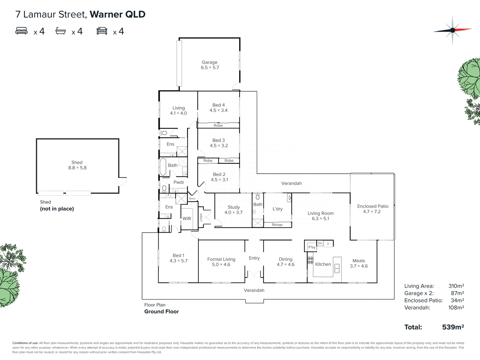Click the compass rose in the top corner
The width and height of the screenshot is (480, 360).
click(452, 30)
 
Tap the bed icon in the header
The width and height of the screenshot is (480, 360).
click(22, 31)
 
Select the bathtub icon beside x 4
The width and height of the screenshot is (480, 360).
click(60, 31)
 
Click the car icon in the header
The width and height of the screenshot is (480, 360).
click(102, 31)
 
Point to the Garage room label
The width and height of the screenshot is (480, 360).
click(209, 62)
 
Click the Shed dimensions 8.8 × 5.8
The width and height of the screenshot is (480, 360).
click(77, 168)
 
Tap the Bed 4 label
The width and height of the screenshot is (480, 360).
click(218, 105)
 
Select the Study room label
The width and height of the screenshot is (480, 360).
click(234, 207)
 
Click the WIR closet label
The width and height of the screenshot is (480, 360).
click(187, 219)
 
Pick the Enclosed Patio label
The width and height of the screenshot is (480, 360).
click(373, 206)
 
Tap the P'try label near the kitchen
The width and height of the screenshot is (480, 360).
click(312, 247)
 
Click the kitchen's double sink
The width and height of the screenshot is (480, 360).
click(337, 268)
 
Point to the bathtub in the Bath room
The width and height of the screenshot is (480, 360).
click(163, 167)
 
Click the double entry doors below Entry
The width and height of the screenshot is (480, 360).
click(254, 274)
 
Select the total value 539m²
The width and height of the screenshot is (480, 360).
click(453, 327)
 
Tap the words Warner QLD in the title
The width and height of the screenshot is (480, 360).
click(118, 14)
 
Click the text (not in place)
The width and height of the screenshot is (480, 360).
click(57, 209)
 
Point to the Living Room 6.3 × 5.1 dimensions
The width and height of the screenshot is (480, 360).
click(321, 219)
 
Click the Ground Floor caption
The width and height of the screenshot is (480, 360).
click(161, 312)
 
